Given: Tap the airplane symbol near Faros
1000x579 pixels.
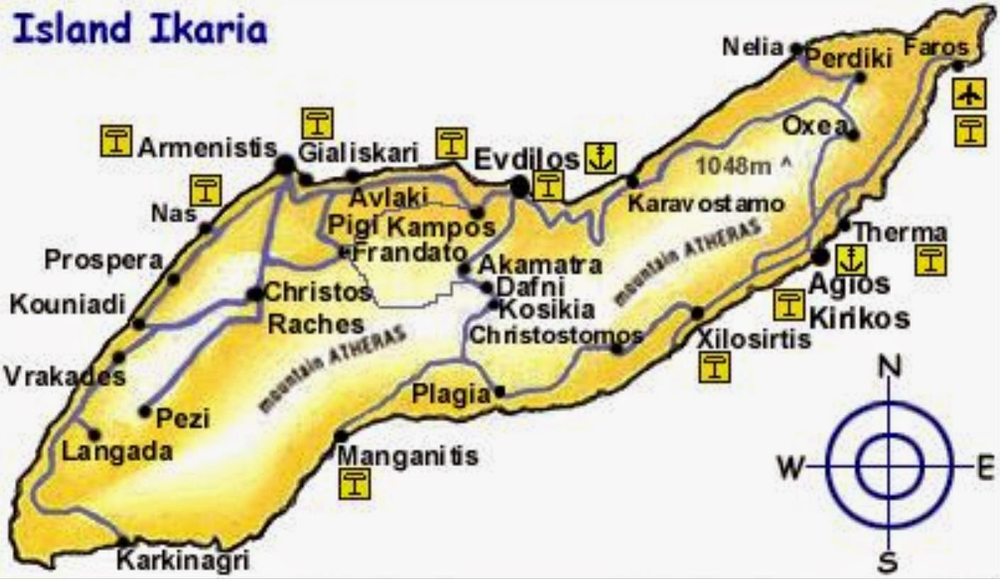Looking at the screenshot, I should click(x=970, y=94).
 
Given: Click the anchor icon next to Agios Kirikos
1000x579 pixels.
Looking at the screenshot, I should click(x=850, y=260).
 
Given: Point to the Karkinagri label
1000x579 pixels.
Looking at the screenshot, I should click(x=183, y=561).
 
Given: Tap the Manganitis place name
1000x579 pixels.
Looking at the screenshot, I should click(x=408, y=456).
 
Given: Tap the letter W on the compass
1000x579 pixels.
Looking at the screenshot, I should click(x=791, y=468).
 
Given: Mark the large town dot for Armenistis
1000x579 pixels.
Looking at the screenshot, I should click(x=285, y=165).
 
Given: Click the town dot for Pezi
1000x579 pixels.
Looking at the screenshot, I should click(x=145, y=411).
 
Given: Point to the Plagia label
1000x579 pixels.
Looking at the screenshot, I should click(x=451, y=394).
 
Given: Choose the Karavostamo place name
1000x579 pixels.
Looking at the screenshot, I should click(x=706, y=204).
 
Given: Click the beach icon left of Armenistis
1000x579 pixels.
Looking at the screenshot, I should click(x=116, y=140).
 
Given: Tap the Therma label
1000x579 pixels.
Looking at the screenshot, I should click(x=899, y=232).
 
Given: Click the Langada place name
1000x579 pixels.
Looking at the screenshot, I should click(x=118, y=452).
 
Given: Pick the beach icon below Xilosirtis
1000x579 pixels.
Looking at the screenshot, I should click(x=713, y=368).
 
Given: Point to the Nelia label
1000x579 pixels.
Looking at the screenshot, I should click(x=753, y=48).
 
